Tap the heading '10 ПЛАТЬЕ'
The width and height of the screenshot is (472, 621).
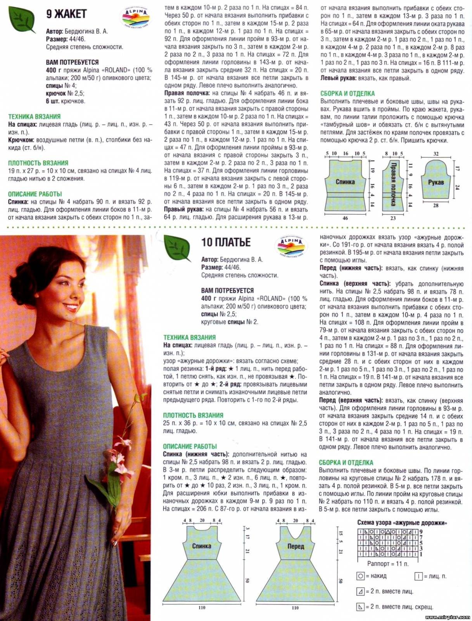click(226, 242)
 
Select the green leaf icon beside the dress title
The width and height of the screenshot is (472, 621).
click(177, 248)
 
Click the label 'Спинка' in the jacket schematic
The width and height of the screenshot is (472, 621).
click(345, 181)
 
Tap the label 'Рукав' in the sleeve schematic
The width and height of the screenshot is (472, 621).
click(436, 182)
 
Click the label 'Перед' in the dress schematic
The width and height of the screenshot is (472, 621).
click(296, 546)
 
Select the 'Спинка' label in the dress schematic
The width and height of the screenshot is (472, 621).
click(202, 546)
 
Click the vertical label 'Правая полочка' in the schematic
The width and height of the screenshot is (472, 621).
click(393, 183)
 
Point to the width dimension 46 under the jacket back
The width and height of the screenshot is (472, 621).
click(345, 218)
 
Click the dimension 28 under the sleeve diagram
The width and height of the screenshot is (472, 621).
click(436, 205)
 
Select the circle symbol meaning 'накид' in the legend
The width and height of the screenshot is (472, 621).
click(361, 576)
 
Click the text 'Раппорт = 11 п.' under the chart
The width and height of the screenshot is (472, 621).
click(388, 563)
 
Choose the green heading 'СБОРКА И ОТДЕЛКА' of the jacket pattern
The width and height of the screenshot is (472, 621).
click(348, 94)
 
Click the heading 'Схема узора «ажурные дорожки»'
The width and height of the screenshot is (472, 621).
click(402, 523)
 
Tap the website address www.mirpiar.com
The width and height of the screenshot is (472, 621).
click(448, 616)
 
